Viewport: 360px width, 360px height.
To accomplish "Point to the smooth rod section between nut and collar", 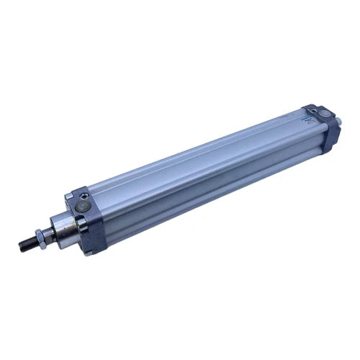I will pos(48,233).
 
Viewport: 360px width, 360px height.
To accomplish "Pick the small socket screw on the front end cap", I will pos(85,195).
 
